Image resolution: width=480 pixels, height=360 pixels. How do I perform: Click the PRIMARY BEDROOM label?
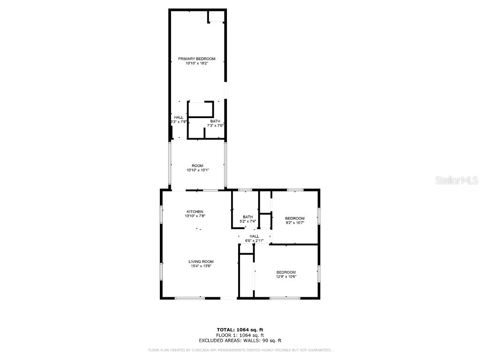196,59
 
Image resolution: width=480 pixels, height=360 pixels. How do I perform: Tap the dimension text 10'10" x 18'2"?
196,63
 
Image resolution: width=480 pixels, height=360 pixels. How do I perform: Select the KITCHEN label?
195,211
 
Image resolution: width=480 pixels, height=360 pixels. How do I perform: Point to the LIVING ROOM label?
201,262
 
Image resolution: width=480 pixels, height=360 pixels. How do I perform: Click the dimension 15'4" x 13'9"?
201,266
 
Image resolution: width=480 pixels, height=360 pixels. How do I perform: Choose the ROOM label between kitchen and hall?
197,165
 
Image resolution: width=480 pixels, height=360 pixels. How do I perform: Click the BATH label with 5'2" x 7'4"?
248,217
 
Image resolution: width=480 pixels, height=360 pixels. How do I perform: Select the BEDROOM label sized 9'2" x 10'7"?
295,218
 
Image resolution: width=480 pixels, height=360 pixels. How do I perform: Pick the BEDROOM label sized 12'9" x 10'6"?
286,272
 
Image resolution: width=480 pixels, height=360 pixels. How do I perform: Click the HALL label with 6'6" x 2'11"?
254,236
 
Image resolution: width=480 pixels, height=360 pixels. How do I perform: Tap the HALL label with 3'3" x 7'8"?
179,117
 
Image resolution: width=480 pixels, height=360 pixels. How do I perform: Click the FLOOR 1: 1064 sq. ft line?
240,335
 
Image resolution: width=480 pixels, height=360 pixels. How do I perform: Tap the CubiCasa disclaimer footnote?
240,350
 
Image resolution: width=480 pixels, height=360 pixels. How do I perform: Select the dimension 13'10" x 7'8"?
195,216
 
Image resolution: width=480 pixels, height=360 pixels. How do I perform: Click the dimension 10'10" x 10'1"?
197,170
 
